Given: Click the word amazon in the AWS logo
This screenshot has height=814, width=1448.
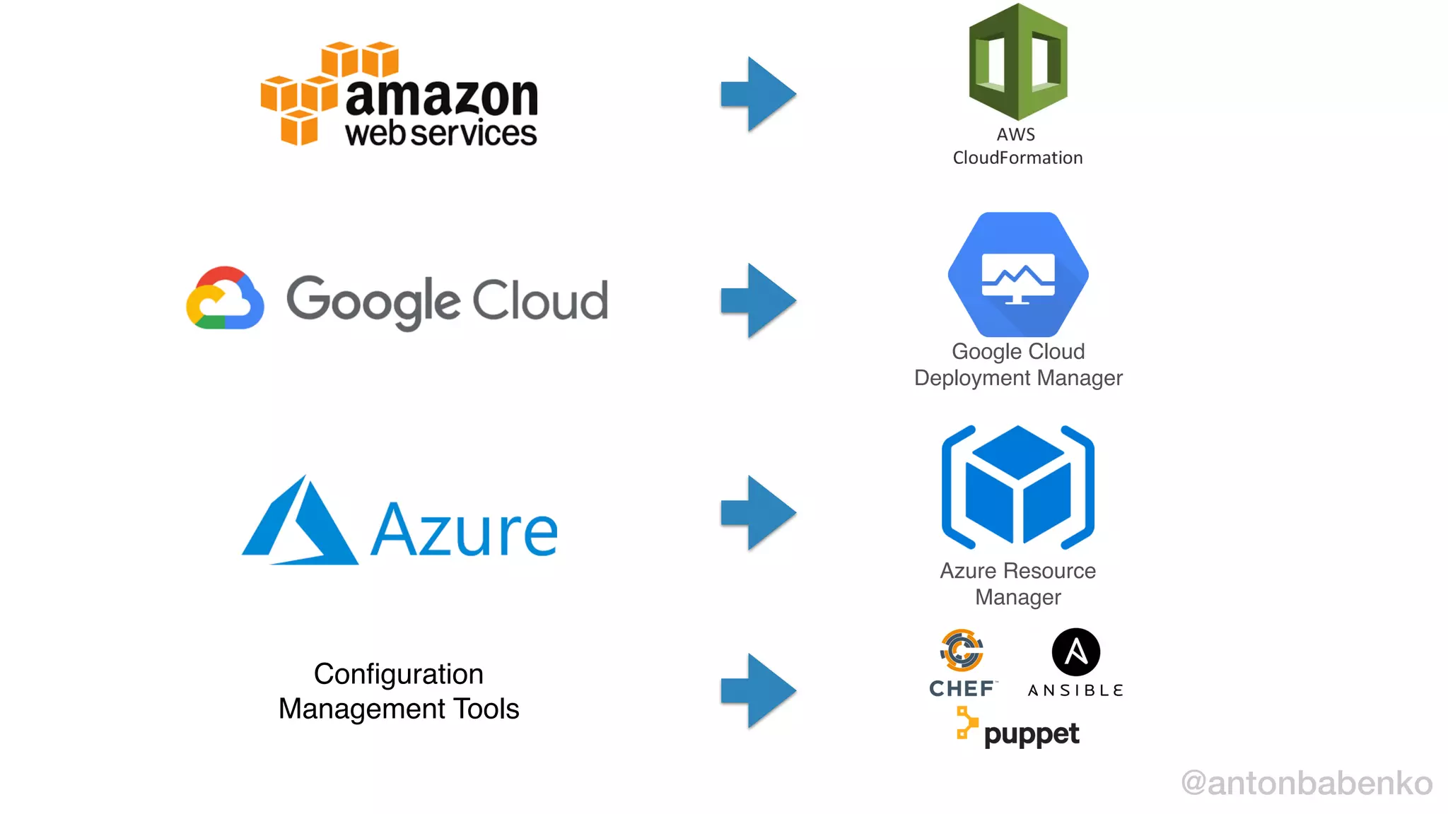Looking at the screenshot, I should (441, 97).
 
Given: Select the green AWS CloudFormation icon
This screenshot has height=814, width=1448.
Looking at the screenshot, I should (1017, 62).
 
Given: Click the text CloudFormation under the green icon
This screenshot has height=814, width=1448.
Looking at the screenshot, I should (1017, 158).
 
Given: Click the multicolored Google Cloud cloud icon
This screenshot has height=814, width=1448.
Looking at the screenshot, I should (225, 299).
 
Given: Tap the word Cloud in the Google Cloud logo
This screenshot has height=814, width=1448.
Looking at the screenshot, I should (539, 300).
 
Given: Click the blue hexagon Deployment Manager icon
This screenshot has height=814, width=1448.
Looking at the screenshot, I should (1017, 275).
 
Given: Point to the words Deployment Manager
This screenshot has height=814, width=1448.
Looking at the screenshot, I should (1017, 378).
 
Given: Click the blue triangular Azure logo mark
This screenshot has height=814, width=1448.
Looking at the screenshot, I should (300, 523).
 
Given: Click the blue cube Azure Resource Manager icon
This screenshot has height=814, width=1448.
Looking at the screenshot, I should (1017, 488).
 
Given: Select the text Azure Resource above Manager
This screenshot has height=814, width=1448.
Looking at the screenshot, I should (1017, 571).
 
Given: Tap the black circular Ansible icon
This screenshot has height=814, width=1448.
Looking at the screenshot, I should (1075, 651).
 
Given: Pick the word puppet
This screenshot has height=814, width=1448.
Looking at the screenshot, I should (1031, 734).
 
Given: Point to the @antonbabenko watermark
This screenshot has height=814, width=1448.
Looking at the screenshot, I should (1307, 783).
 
